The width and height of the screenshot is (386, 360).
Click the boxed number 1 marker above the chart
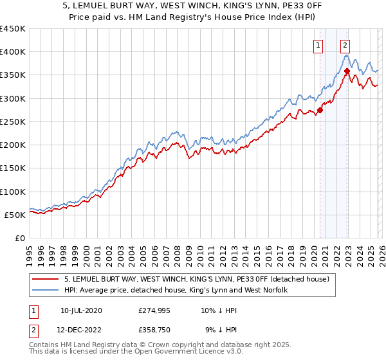318,45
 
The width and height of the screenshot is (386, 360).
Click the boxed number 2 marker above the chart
345,45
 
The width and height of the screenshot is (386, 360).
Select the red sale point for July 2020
320,109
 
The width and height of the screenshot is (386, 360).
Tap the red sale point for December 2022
347,71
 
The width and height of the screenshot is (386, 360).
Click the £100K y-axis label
13,192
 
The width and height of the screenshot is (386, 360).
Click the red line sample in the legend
46,279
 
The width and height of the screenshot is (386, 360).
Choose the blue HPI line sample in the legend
46,291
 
